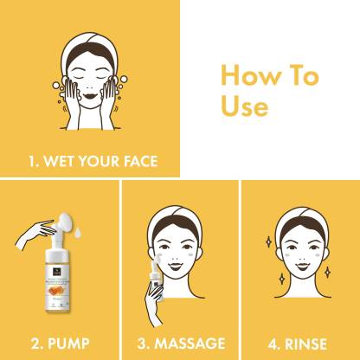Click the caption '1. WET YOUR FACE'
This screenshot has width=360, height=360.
[90, 160]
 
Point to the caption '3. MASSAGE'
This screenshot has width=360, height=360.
[180, 342]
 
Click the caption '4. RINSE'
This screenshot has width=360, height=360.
[297, 342]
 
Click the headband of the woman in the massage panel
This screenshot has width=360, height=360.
[179, 222]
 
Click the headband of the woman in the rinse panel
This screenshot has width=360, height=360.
[299, 222]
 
